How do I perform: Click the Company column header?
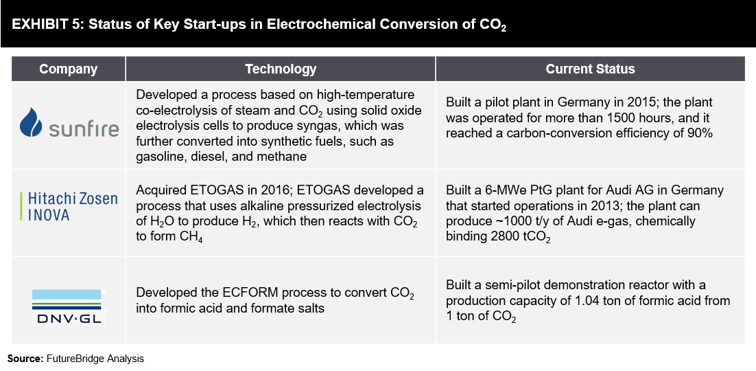68,69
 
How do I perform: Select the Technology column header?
281,69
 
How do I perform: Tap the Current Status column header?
590,69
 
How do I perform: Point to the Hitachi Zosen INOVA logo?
69,206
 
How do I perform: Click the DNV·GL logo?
69,306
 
